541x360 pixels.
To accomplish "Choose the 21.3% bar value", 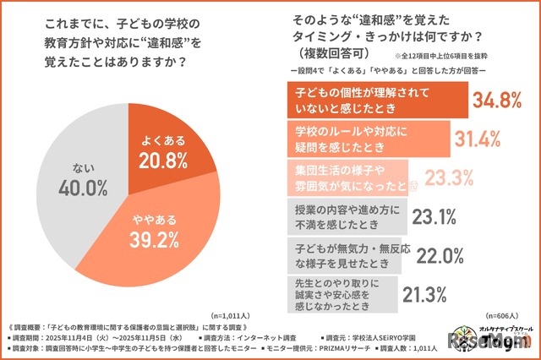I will click(x=424, y=294).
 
